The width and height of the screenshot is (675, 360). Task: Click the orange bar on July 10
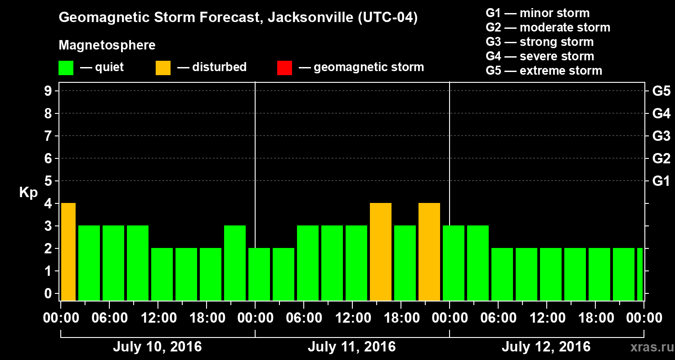coord(68,252)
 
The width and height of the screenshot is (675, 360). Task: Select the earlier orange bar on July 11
coord(381,252)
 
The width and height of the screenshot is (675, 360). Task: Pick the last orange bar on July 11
coord(429,252)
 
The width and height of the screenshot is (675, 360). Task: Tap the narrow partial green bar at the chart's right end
coord(640,274)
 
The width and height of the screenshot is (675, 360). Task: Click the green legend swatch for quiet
coord(66,67)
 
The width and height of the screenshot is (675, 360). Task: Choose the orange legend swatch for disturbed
coord(163,67)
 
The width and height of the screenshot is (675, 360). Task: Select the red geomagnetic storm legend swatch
coord(284,67)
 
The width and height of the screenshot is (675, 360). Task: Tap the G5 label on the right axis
coord(661,91)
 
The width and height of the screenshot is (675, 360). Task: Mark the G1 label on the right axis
coord(661,181)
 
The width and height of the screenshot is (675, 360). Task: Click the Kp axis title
coord(28,193)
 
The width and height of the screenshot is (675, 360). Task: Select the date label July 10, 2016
coord(157,347)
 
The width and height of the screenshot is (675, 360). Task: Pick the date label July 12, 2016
coord(546,347)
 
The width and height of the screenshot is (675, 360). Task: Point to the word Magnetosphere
coord(107,45)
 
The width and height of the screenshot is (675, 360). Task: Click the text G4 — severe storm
coord(540,56)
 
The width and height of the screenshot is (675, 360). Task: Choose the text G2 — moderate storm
coord(548,27)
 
